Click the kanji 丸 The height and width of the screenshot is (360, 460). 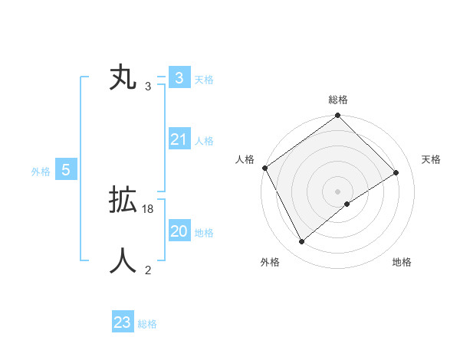(123, 79)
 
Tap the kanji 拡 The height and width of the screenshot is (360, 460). (123, 201)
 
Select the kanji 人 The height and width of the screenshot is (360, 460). (123, 261)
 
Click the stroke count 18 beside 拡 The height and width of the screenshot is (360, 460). (148, 209)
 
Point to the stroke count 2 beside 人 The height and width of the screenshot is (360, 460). (148, 270)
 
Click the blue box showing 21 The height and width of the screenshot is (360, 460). (179, 139)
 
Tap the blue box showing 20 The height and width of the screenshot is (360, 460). (179, 231)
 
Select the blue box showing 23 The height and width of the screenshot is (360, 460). (123, 322)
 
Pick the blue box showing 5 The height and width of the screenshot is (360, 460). (66, 170)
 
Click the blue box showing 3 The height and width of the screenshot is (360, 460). (179, 78)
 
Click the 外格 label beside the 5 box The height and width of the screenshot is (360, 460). (41, 172)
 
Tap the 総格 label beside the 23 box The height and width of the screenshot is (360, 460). (147, 324)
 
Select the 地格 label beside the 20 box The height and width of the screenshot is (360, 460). (204, 233)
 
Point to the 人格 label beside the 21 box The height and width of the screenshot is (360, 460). (204, 141)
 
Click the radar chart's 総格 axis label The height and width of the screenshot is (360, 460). (338, 100)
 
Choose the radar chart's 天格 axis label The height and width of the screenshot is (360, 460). (432, 159)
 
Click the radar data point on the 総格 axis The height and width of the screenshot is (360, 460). (338, 116)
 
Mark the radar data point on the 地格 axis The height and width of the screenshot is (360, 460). (347, 204)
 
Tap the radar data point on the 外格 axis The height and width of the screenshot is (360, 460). (301, 242)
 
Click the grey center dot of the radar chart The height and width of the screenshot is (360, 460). (338, 191)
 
